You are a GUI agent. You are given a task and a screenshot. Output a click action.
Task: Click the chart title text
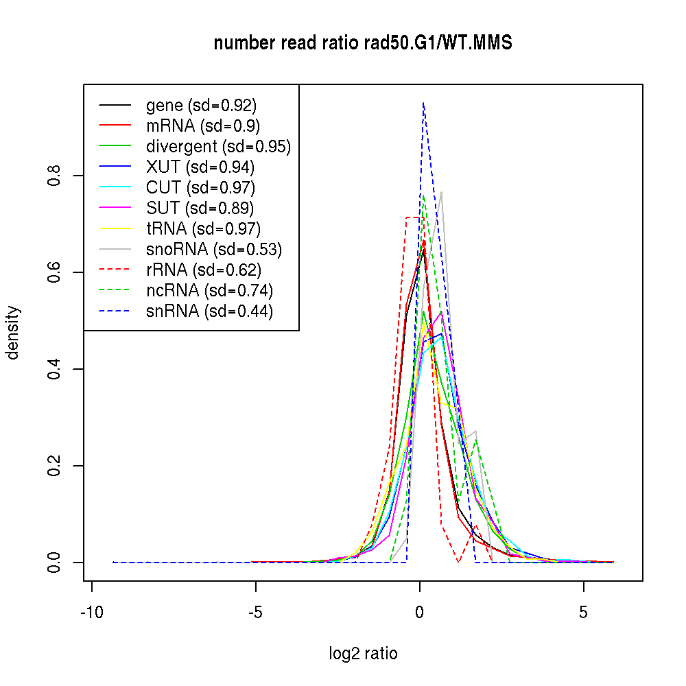tap(363, 43)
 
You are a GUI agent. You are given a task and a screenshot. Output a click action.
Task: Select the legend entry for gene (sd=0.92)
tap(201, 106)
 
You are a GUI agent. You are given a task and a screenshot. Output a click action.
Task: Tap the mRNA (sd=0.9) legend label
tap(202, 126)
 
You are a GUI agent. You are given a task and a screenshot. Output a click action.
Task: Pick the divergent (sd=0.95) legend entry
tap(218, 146)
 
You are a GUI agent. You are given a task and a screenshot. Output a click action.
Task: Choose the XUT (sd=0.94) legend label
tap(200, 167)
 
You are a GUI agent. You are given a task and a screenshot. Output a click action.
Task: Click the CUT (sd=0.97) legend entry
tap(200, 187)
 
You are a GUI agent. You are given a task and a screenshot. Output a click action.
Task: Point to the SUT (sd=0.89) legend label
tap(200, 208)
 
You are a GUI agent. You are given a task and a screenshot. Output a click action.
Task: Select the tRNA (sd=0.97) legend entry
tap(203, 228)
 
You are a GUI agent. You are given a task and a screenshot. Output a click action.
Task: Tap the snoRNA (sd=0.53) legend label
tap(214, 249)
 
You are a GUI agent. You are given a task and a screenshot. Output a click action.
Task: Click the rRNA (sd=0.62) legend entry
tap(204, 270)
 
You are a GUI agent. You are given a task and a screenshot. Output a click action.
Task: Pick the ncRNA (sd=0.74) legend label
tap(209, 290)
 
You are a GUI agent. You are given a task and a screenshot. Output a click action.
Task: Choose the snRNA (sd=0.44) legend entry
tap(209, 311)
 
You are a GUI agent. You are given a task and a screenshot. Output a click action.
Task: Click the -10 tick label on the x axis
tap(91, 613)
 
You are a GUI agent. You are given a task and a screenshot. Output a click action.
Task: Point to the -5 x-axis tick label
tap(255, 613)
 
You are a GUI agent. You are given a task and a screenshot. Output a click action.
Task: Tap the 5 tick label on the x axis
tap(584, 613)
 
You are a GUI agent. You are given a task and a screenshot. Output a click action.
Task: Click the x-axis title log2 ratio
tap(363, 654)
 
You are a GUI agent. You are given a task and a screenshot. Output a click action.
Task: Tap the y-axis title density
tap(13, 333)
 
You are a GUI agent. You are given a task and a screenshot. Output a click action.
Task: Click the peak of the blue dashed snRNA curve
tap(423, 103)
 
